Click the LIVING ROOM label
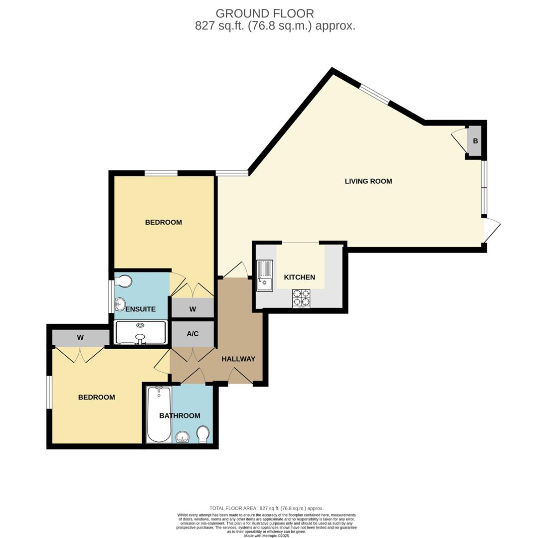368,181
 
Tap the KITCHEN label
299,277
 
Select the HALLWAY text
238,359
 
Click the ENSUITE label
140,309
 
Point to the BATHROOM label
179,415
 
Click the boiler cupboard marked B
475,141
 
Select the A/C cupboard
192,334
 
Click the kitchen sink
264,275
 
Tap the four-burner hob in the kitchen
301,298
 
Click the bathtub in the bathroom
159,414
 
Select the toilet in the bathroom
203,434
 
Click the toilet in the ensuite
123,282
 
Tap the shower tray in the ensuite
140,332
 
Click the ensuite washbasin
120,304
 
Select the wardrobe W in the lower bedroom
80,338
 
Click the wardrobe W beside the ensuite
192,309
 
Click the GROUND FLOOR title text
265,13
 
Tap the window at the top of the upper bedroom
161,173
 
